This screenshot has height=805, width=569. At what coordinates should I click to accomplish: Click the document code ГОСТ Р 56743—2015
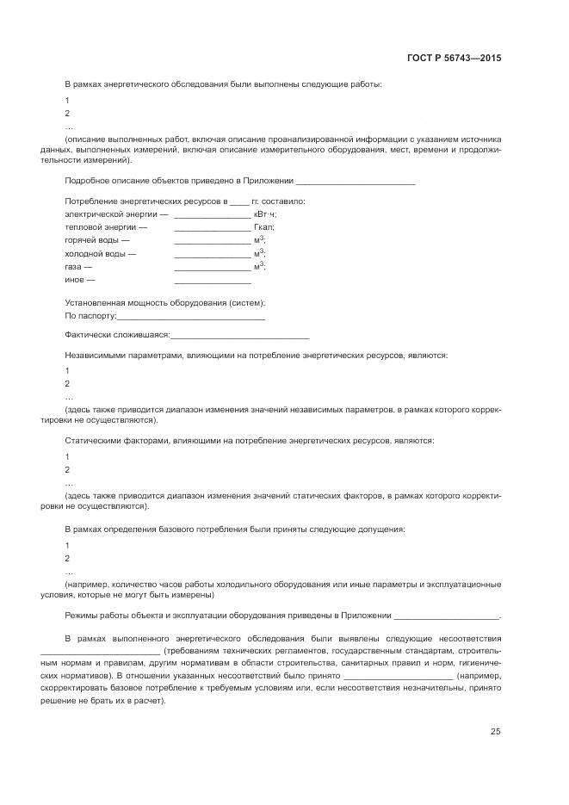pos(454,59)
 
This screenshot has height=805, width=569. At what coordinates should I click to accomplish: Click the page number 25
pos(496,732)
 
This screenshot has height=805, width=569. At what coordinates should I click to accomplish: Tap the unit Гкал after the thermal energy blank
pos(263,227)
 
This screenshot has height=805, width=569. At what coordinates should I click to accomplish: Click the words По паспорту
pos(90,317)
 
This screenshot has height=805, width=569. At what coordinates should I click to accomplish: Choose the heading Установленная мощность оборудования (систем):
pos(164,303)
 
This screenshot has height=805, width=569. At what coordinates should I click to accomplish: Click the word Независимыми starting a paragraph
pos(94,355)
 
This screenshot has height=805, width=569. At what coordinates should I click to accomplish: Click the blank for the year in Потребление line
pos(238,202)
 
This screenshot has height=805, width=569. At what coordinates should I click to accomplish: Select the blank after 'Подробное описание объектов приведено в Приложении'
pos(355,183)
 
